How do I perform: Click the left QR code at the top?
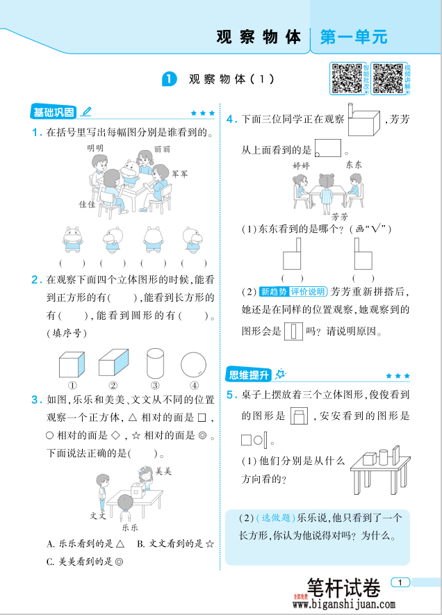click(346, 79)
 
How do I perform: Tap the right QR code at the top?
click(388, 79)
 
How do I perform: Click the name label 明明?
click(95, 148)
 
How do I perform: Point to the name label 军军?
click(180, 174)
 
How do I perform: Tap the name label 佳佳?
click(87, 204)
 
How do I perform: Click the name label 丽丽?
click(162, 149)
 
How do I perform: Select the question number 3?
click(35, 399)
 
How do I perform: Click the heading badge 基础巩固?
click(54, 112)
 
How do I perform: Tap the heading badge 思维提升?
click(248, 375)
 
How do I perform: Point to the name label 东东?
click(354, 165)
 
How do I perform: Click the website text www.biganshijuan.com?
click(343, 605)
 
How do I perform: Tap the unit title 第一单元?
click(353, 37)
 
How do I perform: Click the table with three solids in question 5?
click(378, 466)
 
